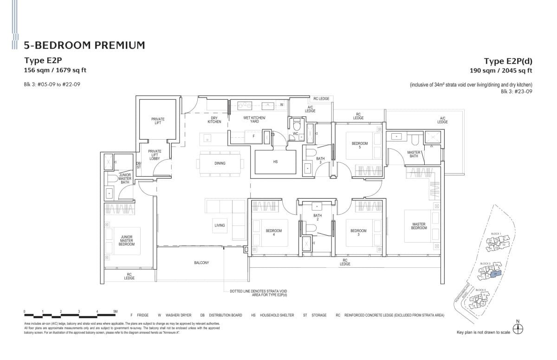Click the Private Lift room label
(158, 122)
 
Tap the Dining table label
(220, 163)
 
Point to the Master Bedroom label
(419, 226)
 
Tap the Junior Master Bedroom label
(126, 240)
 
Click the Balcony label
(201, 263)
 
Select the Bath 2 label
(317, 217)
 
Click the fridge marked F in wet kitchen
(253, 136)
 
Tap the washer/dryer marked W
(282, 105)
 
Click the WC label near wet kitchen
(295, 135)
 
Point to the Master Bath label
(414, 154)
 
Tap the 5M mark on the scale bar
(115, 311)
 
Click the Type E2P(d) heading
(508, 61)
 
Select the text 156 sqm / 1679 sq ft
(55, 71)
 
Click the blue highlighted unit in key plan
(495, 274)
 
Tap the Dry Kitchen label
(214, 120)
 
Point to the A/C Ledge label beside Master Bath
(442, 120)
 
